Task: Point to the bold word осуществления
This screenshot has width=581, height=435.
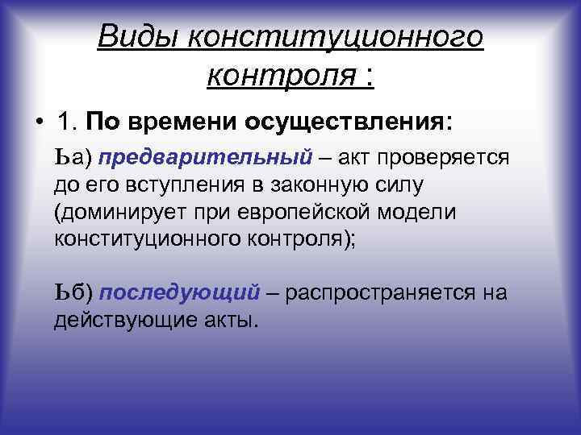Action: (360, 122)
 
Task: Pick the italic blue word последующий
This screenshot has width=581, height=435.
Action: (180, 292)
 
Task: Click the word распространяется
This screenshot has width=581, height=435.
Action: (379, 292)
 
